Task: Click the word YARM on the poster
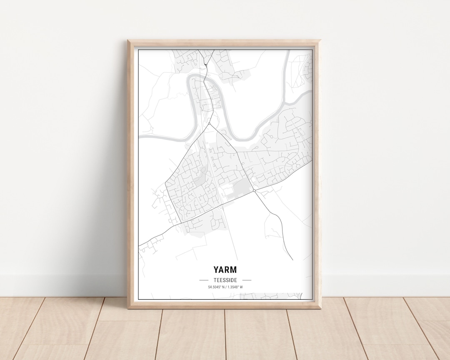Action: pos(225,270)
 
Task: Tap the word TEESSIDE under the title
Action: pos(225,280)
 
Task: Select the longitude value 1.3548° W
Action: pos(234,287)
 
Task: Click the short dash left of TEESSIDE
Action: pos(204,280)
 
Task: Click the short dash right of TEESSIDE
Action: pos(247,280)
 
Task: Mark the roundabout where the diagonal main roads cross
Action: pos(254,191)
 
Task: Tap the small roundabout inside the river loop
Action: pos(209,124)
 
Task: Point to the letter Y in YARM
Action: pos(216,270)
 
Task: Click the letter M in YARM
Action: pos(233,270)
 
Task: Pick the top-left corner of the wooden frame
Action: pos(128,40)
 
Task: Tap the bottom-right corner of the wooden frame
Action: pos(321,308)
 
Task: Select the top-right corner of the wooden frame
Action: pos(321,40)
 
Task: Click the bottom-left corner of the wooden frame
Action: pos(127,308)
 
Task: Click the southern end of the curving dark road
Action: pos(293,260)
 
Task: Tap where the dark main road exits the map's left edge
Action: pos(139,246)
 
